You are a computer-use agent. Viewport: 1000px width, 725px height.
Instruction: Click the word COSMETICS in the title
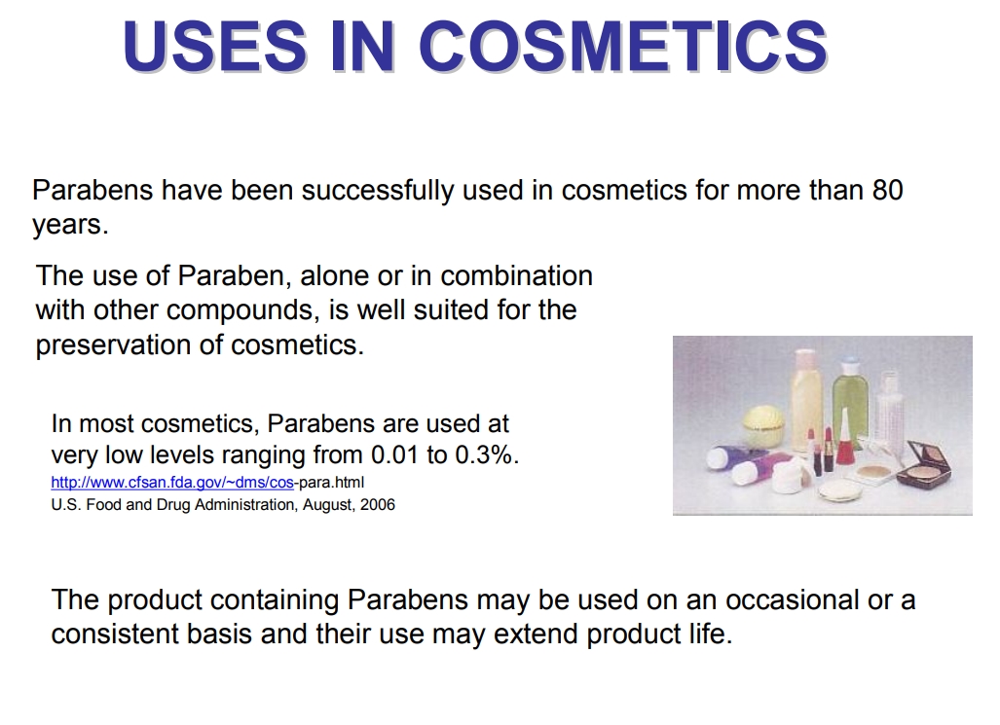[x=622, y=46]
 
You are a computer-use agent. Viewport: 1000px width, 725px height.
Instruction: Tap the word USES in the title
[x=215, y=46]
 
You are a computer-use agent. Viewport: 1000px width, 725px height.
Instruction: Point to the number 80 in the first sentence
[x=887, y=190]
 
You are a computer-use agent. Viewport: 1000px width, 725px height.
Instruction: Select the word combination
[x=517, y=276]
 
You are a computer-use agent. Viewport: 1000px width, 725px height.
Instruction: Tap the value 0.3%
[x=487, y=454]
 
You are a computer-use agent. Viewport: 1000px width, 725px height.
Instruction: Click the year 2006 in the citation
[x=378, y=504]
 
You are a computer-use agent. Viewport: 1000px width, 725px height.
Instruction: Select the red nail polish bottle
[x=844, y=439]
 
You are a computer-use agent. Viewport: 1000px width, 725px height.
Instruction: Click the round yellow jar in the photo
[x=765, y=426]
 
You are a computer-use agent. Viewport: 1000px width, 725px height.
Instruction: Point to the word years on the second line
[x=69, y=226]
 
